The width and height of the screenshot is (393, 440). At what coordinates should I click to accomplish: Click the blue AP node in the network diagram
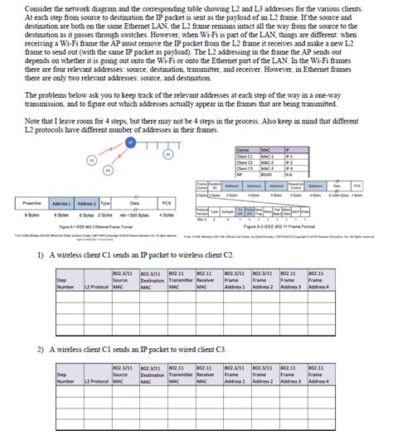(x=130, y=142)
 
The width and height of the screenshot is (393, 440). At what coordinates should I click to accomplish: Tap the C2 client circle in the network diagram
(x=107, y=170)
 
